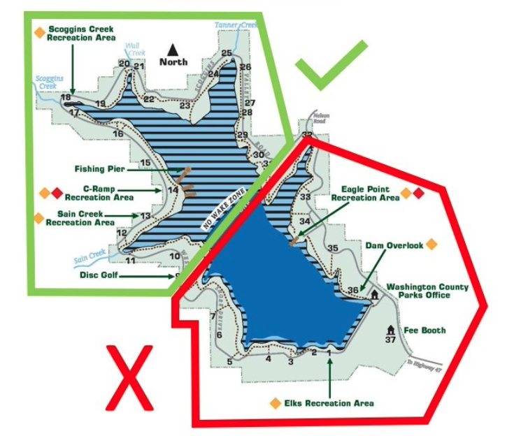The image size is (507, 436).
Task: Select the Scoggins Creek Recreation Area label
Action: pos(80,33)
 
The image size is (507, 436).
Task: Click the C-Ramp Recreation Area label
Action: pos(108,193)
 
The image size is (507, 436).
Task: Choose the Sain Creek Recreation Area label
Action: pos(80,218)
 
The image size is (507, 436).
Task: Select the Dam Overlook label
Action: pos(394,245)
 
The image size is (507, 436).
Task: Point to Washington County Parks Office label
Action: pos(427,291)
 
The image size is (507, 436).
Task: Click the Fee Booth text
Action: pos(424,330)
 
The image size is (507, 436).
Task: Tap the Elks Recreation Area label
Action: pos(329,403)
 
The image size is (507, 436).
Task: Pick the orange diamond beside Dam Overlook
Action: pos(431,244)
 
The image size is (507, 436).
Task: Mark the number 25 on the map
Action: pos(226,53)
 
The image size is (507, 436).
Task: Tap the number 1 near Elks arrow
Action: pos(329,354)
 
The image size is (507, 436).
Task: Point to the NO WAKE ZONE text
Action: pos(224,212)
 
